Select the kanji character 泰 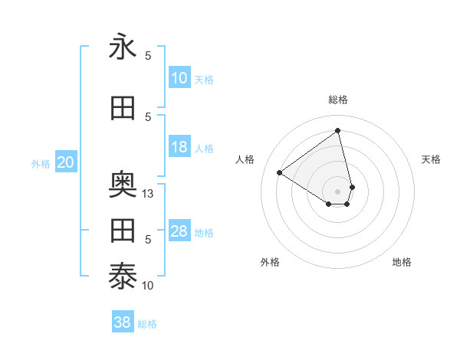coord(123,277)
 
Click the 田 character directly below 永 coord(123,108)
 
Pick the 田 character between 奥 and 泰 coord(123,231)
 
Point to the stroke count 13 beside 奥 coord(149,194)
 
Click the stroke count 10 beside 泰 coord(149,286)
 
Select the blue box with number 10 coord(179,78)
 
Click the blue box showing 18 coord(179,147)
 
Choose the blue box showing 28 coord(179,231)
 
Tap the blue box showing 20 coord(66,162)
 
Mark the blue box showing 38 coord(122,322)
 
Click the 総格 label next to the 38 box coord(147,324)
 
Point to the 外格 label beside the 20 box coord(40,164)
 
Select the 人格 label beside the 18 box coord(204,149)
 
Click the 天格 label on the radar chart coord(431,159)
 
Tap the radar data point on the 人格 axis coord(279,172)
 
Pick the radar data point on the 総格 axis coord(338,129)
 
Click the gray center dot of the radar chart coord(338,191)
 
